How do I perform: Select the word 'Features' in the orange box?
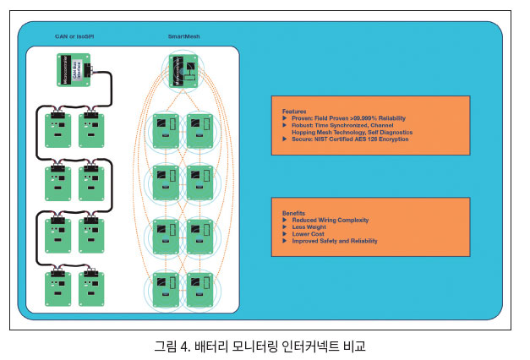[x=294, y=112]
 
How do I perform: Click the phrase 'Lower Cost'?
[x=309, y=233]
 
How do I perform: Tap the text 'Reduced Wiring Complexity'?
[x=331, y=220]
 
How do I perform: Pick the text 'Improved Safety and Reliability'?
[x=335, y=241]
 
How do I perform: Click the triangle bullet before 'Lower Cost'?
[x=285, y=233]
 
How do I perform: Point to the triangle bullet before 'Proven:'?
[x=285, y=118]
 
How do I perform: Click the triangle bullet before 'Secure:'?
[x=285, y=139]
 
